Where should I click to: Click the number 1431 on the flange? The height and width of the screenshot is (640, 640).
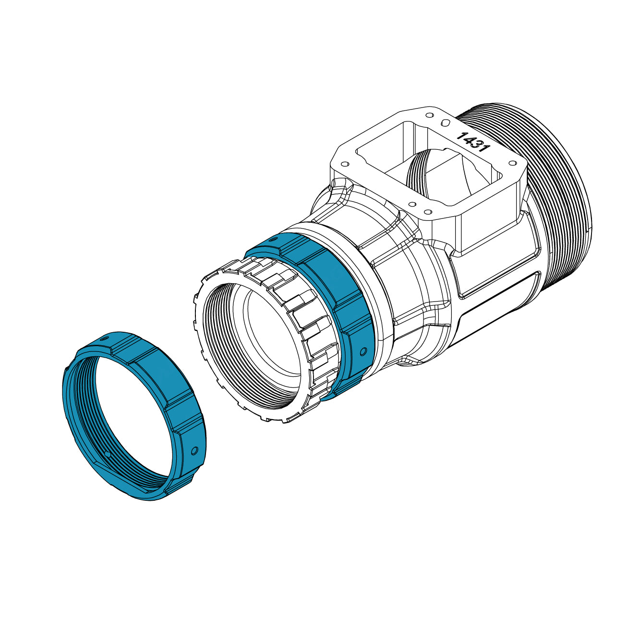pyautogui.click(x=472, y=143)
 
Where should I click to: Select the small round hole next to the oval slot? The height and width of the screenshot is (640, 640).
pyautogui.click(x=430, y=116)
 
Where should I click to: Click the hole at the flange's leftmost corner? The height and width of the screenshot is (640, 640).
pyautogui.click(x=344, y=163)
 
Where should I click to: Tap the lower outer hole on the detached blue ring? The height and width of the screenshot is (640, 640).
pyautogui.click(x=194, y=451)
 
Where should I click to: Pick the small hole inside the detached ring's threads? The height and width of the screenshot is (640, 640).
pyautogui.click(x=108, y=454)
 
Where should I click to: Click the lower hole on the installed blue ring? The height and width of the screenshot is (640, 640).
pyautogui.click(x=362, y=350)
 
